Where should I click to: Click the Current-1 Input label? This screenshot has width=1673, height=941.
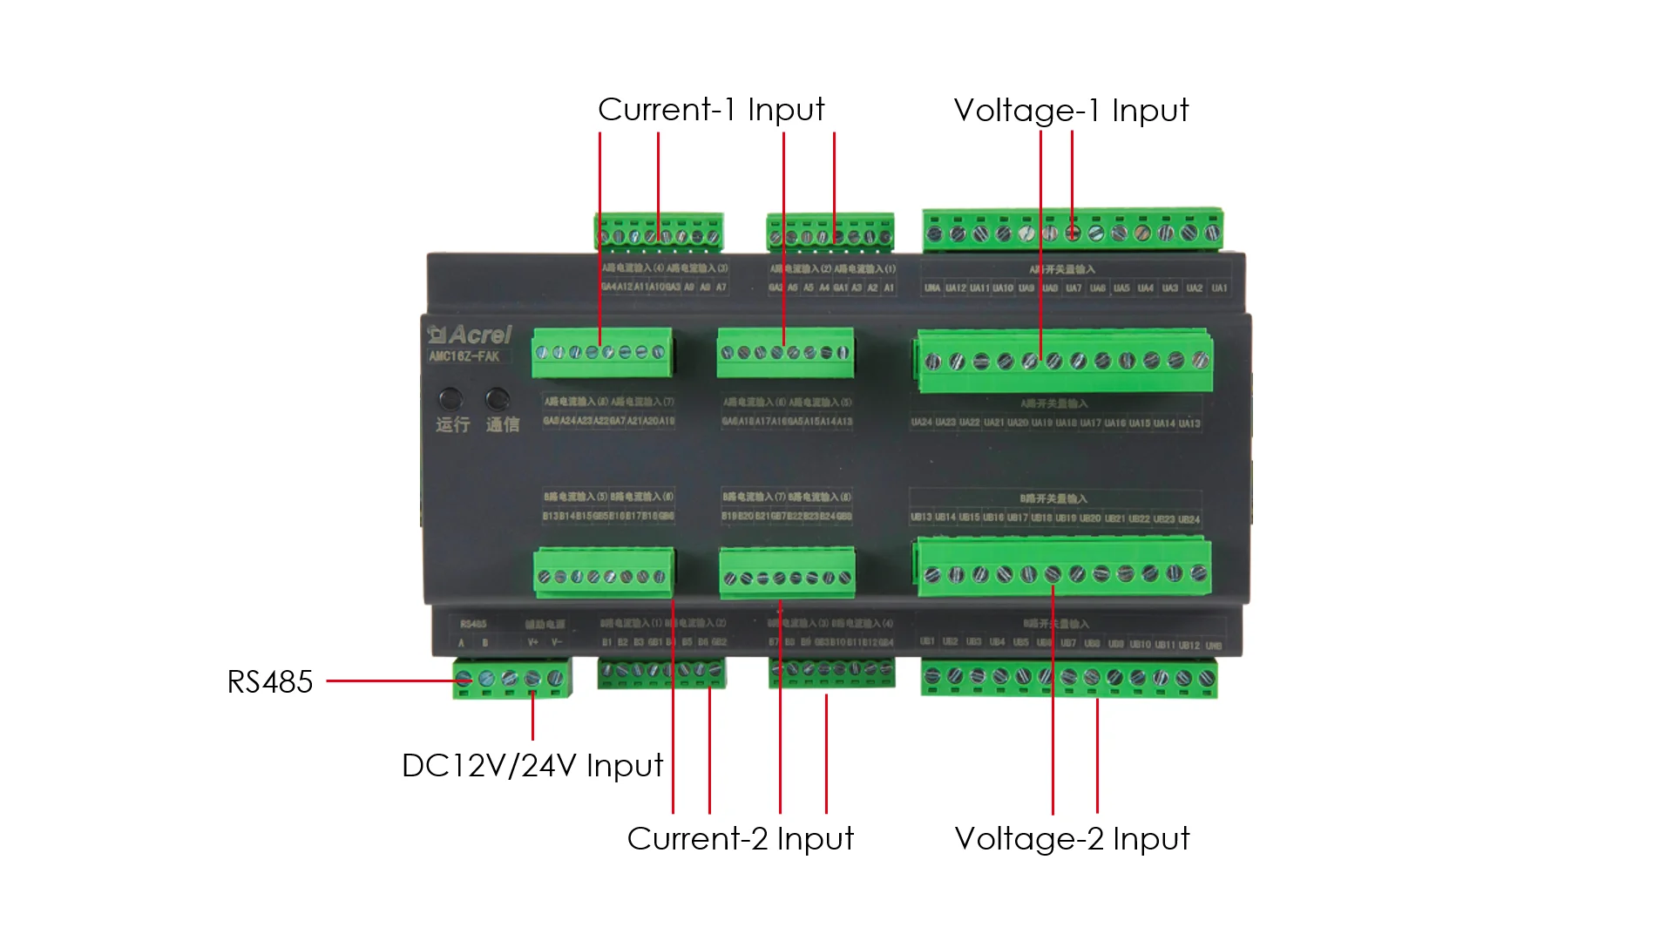pyautogui.click(x=711, y=110)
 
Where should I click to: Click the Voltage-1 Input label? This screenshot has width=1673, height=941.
pyautogui.click(x=1071, y=111)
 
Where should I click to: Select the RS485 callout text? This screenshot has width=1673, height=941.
pyautogui.click(x=269, y=682)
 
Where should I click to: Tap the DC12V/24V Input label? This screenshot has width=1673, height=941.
pyautogui.click(x=532, y=766)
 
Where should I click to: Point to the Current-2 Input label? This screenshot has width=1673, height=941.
pyautogui.click(x=740, y=839)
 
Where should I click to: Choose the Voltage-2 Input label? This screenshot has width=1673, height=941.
pyautogui.click(x=1072, y=839)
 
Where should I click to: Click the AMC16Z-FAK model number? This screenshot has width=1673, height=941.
pyautogui.click(x=464, y=356)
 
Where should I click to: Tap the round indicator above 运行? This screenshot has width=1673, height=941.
pyautogui.click(x=450, y=399)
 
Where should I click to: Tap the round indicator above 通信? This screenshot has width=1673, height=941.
pyautogui.click(x=498, y=399)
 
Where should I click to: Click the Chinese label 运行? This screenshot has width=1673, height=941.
pyautogui.click(x=453, y=425)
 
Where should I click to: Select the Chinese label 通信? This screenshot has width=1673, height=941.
pyautogui.click(x=503, y=425)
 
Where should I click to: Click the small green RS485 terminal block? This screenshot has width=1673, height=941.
pyautogui.click(x=511, y=679)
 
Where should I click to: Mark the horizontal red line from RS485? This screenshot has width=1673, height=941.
pyautogui.click(x=392, y=680)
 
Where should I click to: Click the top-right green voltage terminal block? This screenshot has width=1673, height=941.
pyautogui.click(x=1073, y=231)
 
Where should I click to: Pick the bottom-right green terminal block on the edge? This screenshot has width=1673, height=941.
pyautogui.click(x=1069, y=678)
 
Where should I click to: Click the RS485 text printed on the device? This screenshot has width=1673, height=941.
pyautogui.click(x=473, y=624)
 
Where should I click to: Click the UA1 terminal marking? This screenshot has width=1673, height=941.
pyautogui.click(x=1219, y=288)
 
